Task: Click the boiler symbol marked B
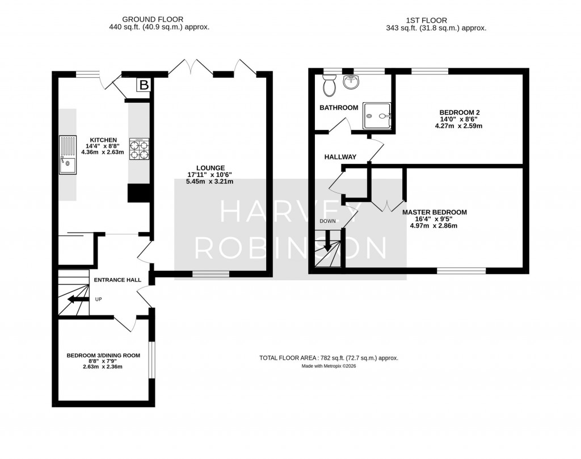(x=144, y=86)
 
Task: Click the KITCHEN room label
(x=102, y=140)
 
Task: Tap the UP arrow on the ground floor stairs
(x=74, y=300)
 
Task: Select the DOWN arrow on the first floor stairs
(x=327, y=244)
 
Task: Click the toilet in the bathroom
(x=329, y=87)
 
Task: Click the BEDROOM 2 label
(x=460, y=112)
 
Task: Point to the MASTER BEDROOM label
(x=434, y=212)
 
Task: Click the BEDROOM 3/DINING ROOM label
(x=103, y=356)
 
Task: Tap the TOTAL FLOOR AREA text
(x=329, y=358)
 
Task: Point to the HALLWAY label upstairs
(x=340, y=157)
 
